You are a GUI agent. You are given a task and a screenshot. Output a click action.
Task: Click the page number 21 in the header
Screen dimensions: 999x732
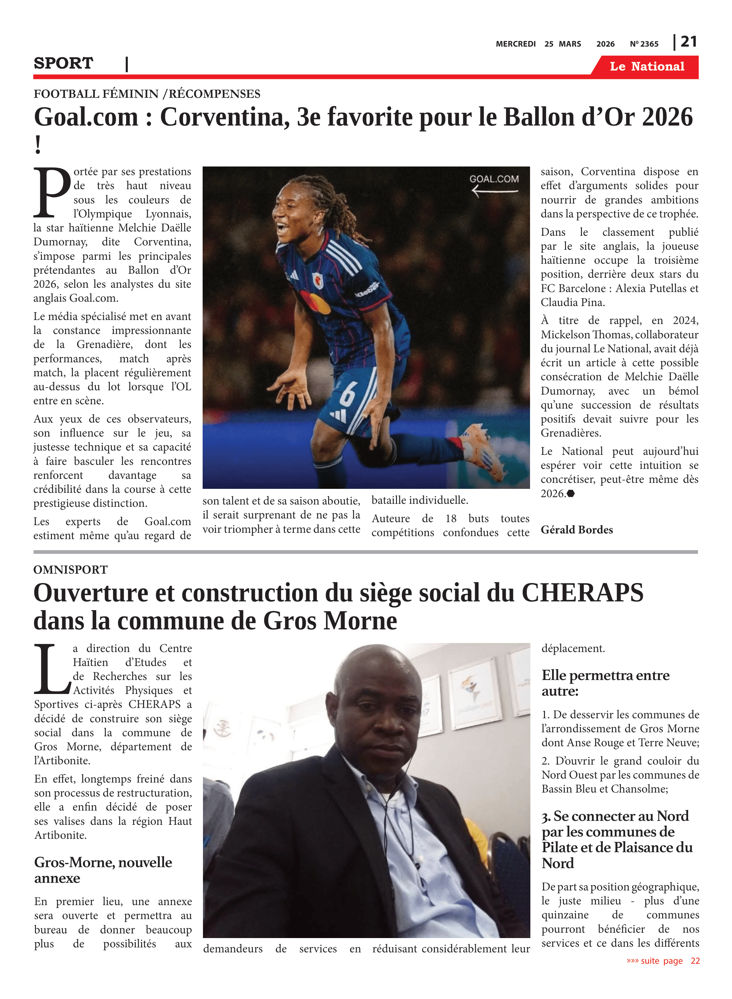(688, 42)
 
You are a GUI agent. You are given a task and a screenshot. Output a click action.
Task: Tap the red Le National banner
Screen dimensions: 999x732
(646, 67)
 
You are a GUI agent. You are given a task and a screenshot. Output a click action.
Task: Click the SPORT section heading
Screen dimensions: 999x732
(63, 63)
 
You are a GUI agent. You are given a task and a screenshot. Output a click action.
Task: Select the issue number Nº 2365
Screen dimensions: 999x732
(644, 44)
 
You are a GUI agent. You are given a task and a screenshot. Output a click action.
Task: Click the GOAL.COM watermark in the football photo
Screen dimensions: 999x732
(494, 179)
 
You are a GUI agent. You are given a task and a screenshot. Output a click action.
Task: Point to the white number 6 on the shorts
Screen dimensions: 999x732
(348, 393)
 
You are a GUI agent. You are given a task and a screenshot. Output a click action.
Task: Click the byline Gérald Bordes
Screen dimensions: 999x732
(577, 529)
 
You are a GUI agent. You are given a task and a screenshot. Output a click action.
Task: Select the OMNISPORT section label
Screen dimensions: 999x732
(71, 569)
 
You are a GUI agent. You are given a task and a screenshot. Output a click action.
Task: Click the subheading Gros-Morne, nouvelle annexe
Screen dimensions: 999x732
(103, 870)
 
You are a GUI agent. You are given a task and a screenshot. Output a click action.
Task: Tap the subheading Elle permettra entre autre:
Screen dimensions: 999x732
(605, 683)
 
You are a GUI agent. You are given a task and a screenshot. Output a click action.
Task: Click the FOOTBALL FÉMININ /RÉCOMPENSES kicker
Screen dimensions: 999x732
(147, 94)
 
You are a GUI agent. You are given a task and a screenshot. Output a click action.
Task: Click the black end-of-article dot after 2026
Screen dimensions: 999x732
(571, 494)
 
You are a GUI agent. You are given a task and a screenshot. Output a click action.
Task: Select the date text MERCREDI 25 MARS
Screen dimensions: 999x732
(538, 44)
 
